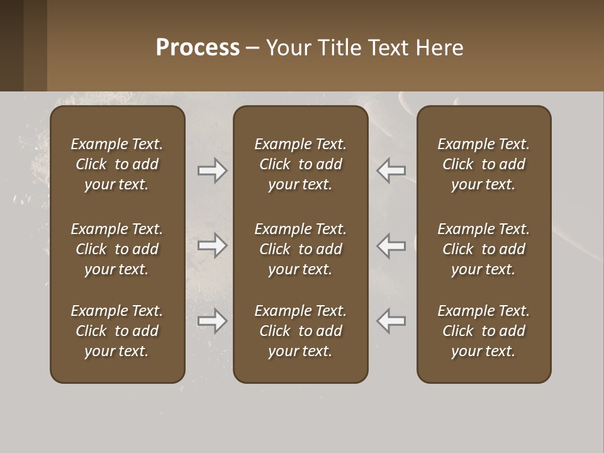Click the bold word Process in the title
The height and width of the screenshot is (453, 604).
click(198, 48)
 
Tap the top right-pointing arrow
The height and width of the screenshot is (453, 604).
click(212, 171)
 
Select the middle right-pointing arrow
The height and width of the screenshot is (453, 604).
click(212, 245)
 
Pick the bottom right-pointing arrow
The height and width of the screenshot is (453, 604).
click(212, 321)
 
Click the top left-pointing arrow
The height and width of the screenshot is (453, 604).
click(391, 171)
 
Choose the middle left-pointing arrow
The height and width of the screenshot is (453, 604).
click(391, 245)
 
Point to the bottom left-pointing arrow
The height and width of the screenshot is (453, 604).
click(391, 321)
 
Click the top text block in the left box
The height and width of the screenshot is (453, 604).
click(117, 164)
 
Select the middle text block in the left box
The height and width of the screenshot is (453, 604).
click(117, 249)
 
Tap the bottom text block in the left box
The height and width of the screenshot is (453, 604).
click(117, 331)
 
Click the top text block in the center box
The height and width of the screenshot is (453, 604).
click(300, 164)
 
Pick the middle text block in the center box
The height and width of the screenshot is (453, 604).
click(300, 249)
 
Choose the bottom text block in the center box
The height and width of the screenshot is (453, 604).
click(300, 331)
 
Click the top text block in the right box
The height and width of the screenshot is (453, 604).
click(483, 164)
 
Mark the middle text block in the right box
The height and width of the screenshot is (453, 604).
click(483, 249)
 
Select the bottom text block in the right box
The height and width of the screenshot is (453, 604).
click(483, 331)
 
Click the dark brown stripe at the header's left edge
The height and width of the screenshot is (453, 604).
click(11, 45)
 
